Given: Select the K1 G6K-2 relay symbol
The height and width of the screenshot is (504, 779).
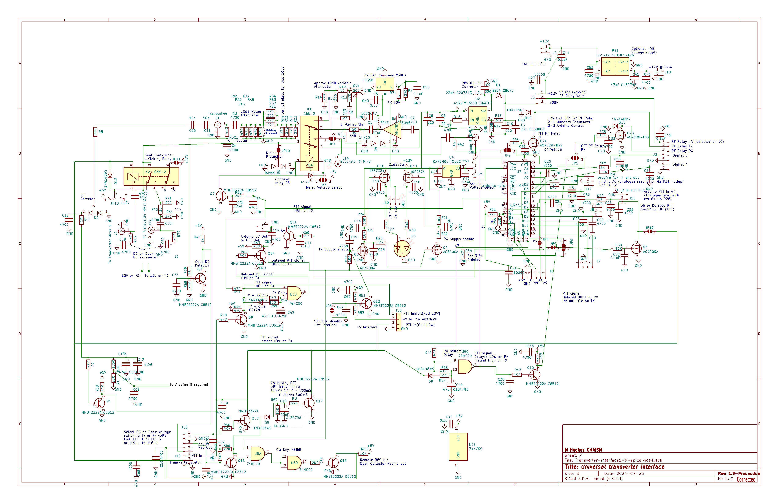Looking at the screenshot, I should click(309, 147).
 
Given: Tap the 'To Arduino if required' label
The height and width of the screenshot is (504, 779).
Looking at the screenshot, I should click(188, 385).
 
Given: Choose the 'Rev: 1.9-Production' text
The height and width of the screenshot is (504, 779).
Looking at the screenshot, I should click(739, 474).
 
